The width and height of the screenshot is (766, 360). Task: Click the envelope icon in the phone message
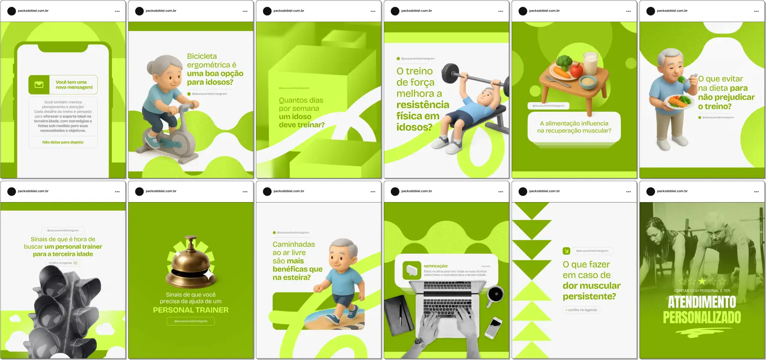click(39, 85)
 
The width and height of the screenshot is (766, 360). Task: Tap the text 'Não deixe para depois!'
click(63, 142)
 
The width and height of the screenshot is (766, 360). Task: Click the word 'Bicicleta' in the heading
click(202, 56)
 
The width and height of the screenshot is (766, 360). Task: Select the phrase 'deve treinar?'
click(302, 125)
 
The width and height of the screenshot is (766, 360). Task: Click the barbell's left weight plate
click(450, 73)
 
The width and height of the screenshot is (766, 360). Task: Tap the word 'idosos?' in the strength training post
click(414, 127)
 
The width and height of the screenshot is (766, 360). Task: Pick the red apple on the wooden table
click(576, 70)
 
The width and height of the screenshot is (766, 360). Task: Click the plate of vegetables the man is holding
click(680, 101)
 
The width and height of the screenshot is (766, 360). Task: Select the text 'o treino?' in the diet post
click(714, 107)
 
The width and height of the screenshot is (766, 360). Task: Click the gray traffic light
click(64, 310)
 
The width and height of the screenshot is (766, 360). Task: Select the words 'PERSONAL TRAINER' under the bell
click(191, 310)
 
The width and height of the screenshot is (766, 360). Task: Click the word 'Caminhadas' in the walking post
click(294, 245)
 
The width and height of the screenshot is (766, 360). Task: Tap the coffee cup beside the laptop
click(495, 295)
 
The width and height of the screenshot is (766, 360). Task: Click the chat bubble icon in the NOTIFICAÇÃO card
click(412, 270)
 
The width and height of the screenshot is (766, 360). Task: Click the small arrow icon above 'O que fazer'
click(566, 251)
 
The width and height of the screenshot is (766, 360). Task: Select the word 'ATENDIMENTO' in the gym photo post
click(702, 302)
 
